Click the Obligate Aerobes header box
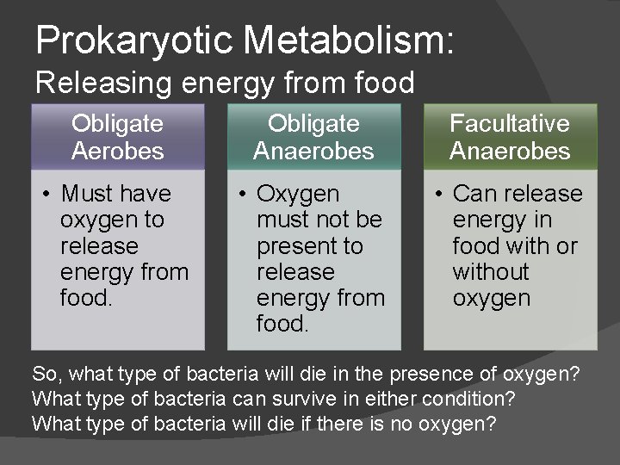click(117, 137)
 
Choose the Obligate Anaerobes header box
click(313, 137)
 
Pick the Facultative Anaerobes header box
click(510, 137)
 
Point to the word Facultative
click(510, 123)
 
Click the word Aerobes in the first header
click(117, 152)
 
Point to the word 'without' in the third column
click(491, 272)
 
